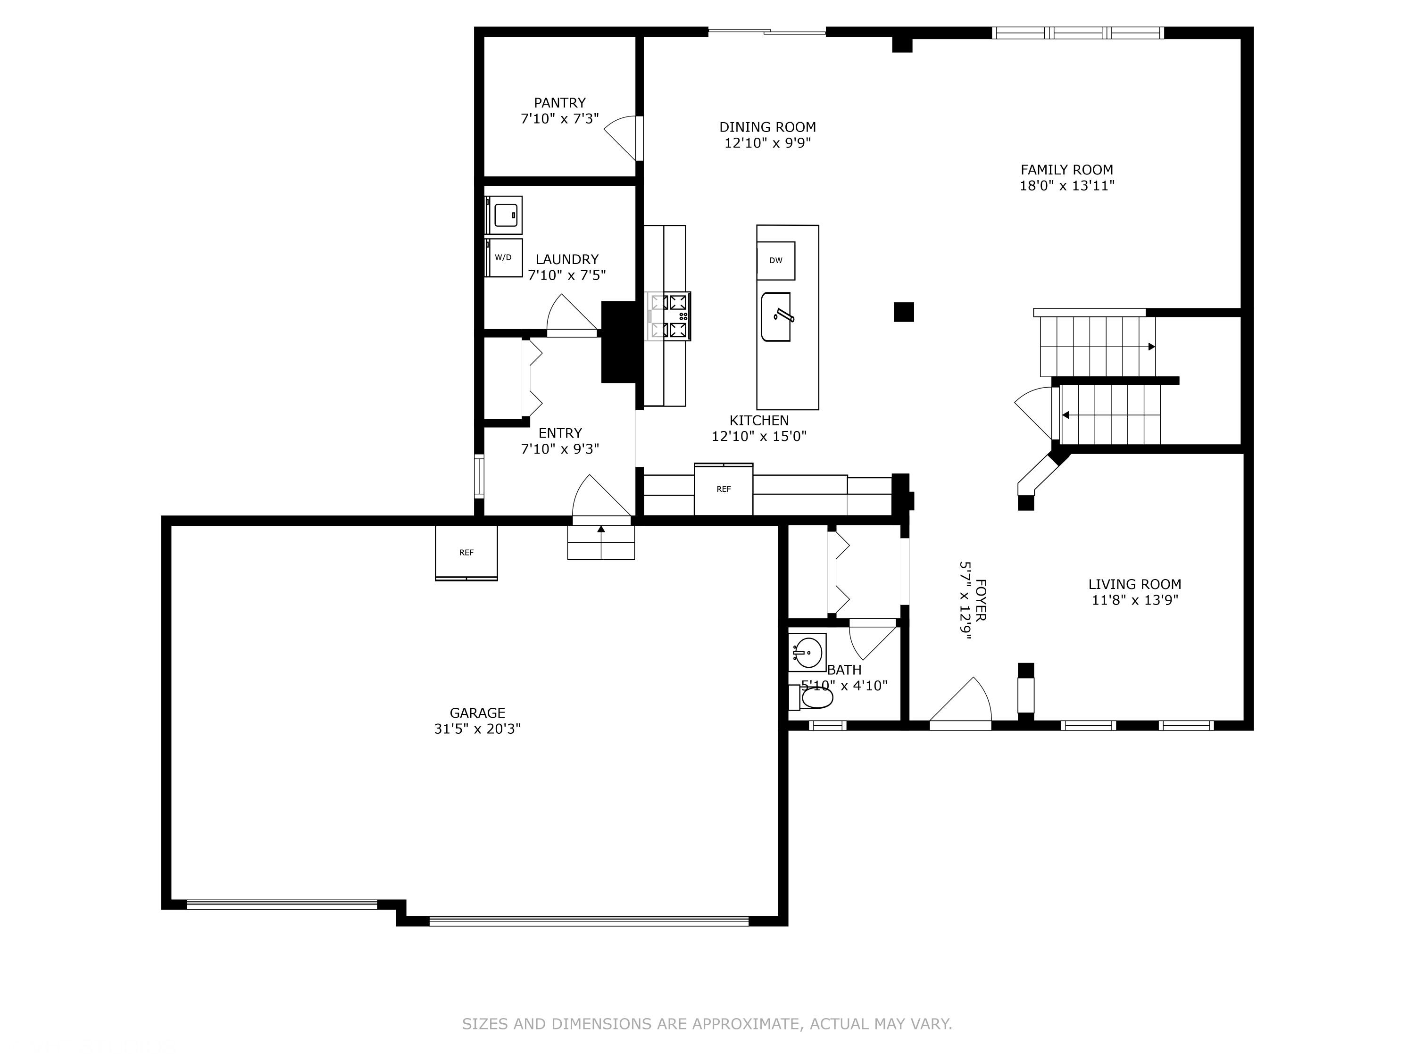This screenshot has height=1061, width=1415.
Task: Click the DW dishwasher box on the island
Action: pyautogui.click(x=775, y=260)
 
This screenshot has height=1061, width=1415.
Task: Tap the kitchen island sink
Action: pyautogui.click(x=775, y=316)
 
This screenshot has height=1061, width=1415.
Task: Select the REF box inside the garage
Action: pyautogui.click(x=466, y=553)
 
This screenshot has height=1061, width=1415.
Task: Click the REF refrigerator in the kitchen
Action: pyautogui.click(x=724, y=489)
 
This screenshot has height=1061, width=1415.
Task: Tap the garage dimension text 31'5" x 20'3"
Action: pyautogui.click(x=477, y=729)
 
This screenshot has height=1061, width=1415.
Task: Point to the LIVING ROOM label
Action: pyautogui.click(x=1134, y=584)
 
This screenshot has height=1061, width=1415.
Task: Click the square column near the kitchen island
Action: pyautogui.click(x=904, y=312)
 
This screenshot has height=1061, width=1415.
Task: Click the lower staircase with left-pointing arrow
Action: pyautogui.click(x=1110, y=414)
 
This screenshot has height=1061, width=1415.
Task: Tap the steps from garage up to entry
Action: pyautogui.click(x=601, y=542)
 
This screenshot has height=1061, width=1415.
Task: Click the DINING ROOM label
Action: pyautogui.click(x=767, y=127)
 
